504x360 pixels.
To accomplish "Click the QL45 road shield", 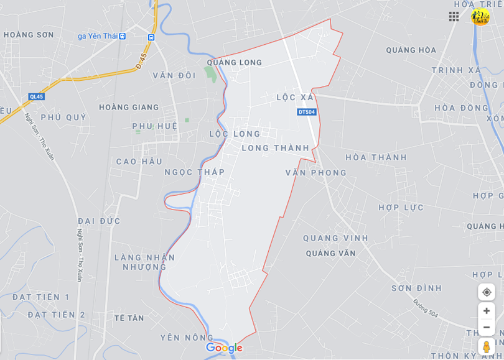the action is pos(37,96).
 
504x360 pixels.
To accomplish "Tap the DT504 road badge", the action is pos(307,112).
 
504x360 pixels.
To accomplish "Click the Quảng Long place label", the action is pos(235,62).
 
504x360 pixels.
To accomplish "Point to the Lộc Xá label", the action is pos(296,98).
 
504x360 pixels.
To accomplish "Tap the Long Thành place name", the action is pos(275,148).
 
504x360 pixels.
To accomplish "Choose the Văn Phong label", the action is pos(315,172).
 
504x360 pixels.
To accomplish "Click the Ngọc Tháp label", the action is pos(194,172).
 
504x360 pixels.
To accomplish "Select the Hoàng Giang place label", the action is pos(129,107).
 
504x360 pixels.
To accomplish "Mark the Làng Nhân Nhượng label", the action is pos(145,262).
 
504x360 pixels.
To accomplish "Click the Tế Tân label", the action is pos(129,318).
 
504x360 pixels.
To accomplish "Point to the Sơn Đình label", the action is pos(416,288).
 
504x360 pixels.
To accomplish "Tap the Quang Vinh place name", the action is pos(335,238).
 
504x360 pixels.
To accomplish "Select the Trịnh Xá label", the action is pos(456,70).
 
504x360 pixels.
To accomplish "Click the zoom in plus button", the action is pos(487,311).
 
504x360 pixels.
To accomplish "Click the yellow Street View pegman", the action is pos(487,346).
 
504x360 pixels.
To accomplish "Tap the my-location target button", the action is pos(487,292).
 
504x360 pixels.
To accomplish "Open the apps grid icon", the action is pos(454,17).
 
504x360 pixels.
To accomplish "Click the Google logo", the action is pos(224,348).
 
